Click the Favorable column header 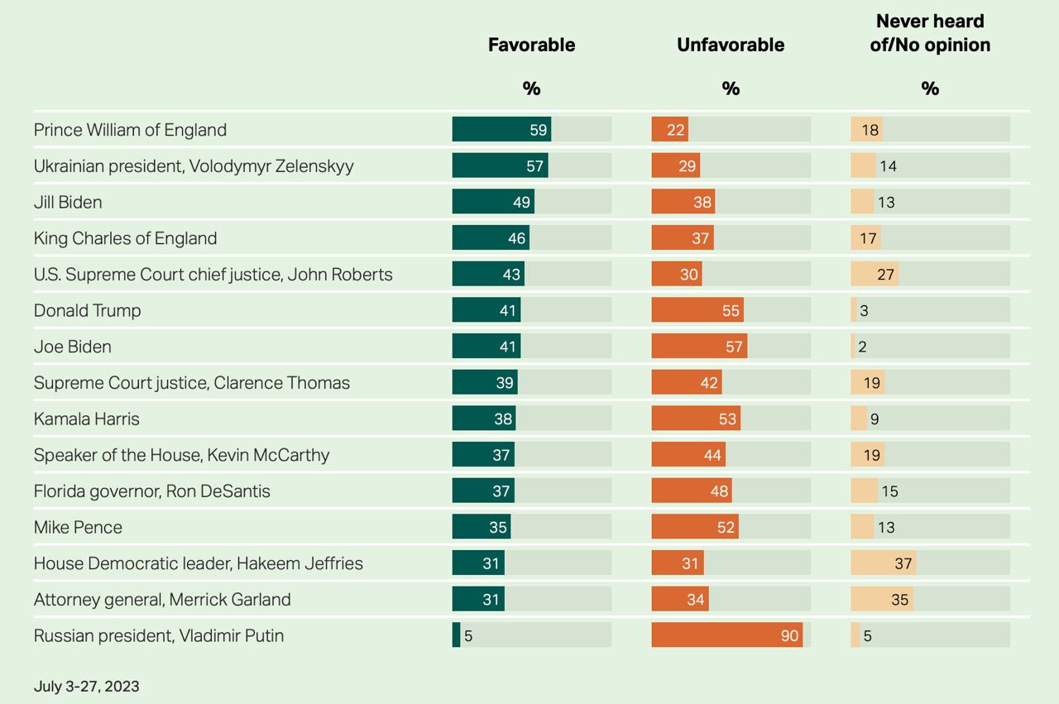531,45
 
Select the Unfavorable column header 731,45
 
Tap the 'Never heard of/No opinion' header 930,33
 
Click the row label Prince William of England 130,130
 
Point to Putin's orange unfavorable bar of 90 726,635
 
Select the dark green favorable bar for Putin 456,635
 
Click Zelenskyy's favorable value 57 534,166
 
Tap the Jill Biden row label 68,202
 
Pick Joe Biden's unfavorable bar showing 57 699,347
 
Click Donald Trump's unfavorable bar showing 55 697,310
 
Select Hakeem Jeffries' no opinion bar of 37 883,563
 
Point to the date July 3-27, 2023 87,687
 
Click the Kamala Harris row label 87,419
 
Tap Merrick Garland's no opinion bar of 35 882,599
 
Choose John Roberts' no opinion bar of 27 875,274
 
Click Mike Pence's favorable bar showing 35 481,527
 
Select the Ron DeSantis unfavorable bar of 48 692,491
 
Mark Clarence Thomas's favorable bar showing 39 484,382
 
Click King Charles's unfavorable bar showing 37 683,238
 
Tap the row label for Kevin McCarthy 181,455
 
